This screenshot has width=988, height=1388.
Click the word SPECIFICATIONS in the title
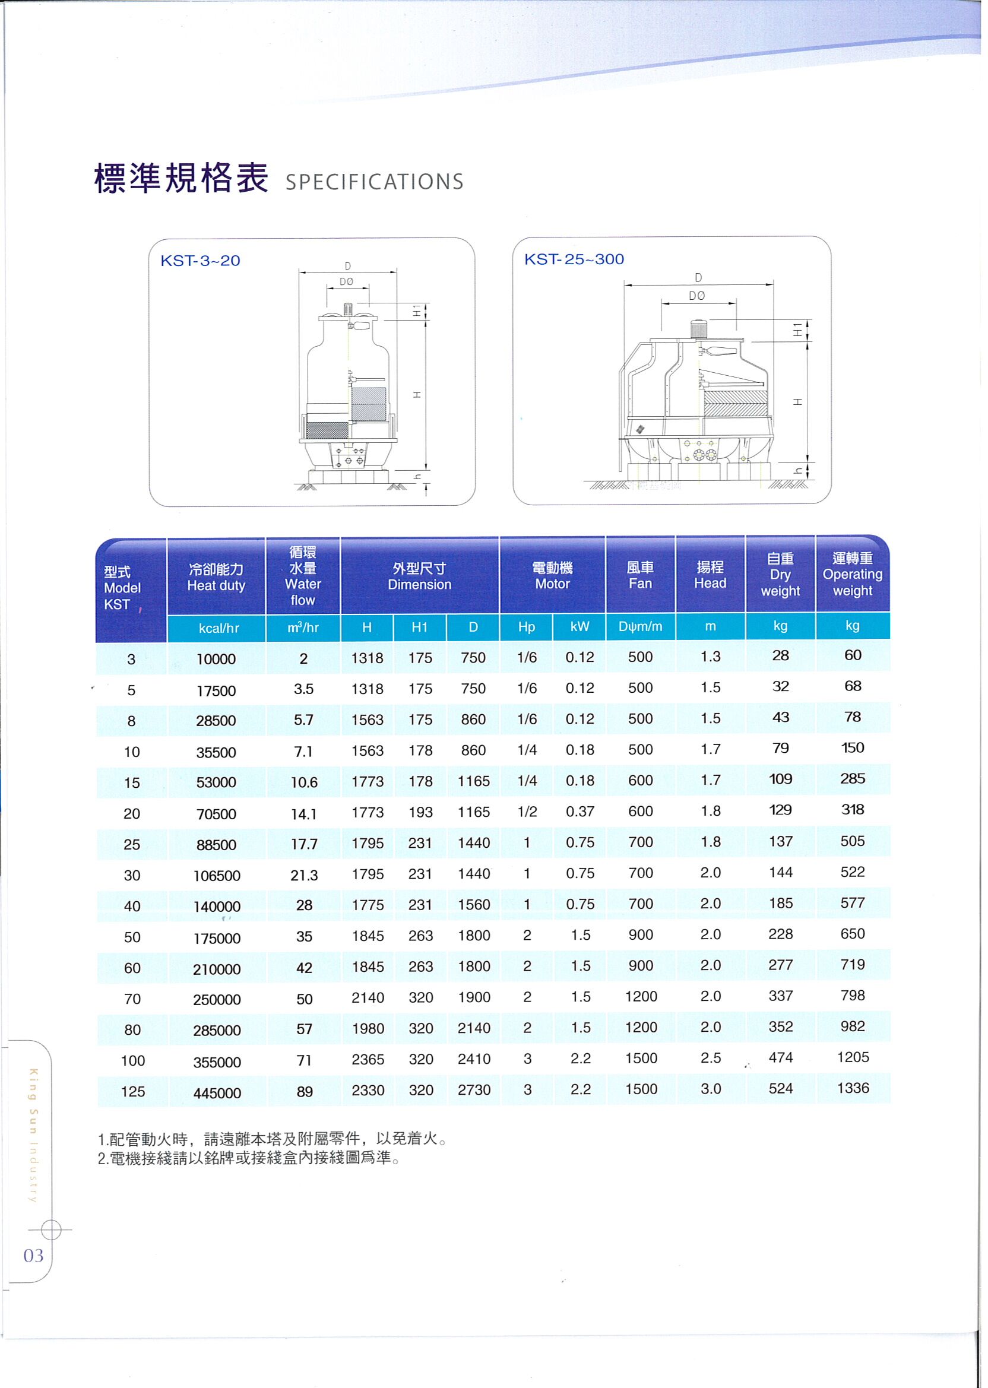pyautogui.click(x=374, y=182)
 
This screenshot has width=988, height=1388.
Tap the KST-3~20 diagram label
pyautogui.click(x=200, y=261)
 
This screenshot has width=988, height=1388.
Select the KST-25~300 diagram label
pyautogui.click(x=574, y=259)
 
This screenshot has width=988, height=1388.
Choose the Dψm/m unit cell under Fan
pyautogui.click(x=640, y=626)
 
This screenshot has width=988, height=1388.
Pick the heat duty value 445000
pyautogui.click(x=217, y=1093)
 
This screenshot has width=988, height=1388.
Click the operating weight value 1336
pyautogui.click(x=853, y=1088)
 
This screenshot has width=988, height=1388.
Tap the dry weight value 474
pyautogui.click(x=780, y=1058)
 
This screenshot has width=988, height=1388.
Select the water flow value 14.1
pyautogui.click(x=303, y=814)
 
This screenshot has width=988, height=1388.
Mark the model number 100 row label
pyautogui.click(x=132, y=1061)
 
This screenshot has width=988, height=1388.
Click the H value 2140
pyautogui.click(x=368, y=997)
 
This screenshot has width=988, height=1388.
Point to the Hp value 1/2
pyautogui.click(x=527, y=812)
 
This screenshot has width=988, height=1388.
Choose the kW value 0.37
pyautogui.click(x=579, y=812)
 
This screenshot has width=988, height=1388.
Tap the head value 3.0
pyautogui.click(x=710, y=1089)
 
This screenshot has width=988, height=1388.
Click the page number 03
pyautogui.click(x=33, y=1256)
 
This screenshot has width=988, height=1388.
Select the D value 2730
pyautogui.click(x=474, y=1090)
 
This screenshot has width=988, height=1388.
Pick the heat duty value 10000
pyautogui.click(x=216, y=660)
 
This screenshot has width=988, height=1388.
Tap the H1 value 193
pyautogui.click(x=420, y=813)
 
